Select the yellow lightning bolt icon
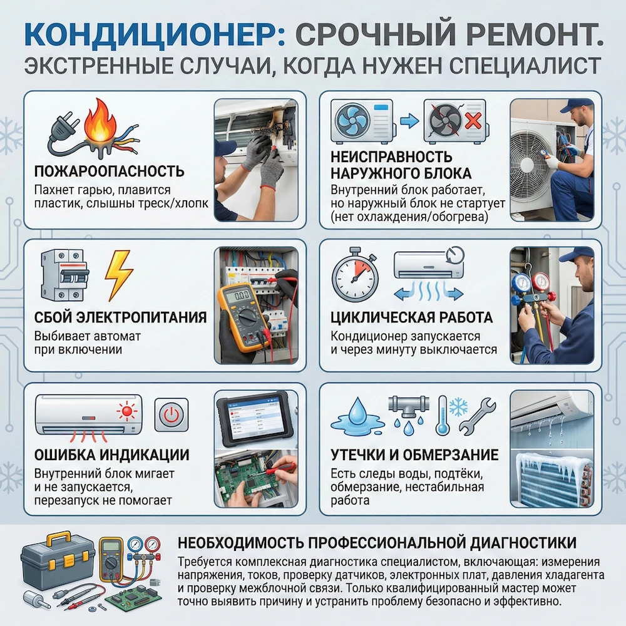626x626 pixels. [119, 276]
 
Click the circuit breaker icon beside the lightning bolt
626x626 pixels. [63, 275]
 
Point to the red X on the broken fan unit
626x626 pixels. [473, 121]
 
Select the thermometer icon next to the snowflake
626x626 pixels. [442, 415]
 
